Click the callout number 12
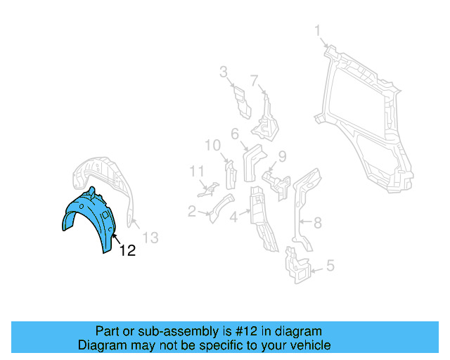click(x=127, y=250)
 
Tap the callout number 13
click(x=151, y=237)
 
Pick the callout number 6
click(x=235, y=134)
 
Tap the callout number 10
click(x=212, y=146)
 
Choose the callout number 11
click(x=196, y=171)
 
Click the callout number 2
click(x=192, y=210)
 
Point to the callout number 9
click(x=282, y=156)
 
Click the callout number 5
click(x=330, y=266)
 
